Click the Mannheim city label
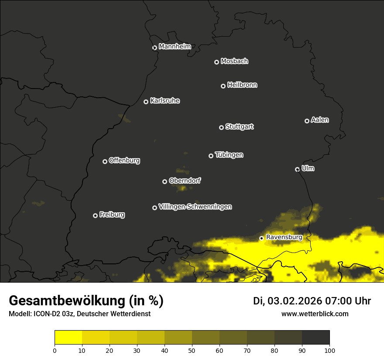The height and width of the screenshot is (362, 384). pyautogui.click(x=175, y=47)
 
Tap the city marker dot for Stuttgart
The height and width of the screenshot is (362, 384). pyautogui.click(x=221, y=127)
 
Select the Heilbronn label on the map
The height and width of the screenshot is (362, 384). pyautogui.click(x=242, y=85)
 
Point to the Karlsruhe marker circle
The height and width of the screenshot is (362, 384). pyautogui.click(x=146, y=102)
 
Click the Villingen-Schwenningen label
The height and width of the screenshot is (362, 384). pyautogui.click(x=195, y=207)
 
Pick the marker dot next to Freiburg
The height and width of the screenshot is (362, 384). pyautogui.click(x=95, y=215)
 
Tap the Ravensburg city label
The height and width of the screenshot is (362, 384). pyautogui.click(x=284, y=237)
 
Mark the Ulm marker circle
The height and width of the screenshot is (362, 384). pyautogui.click(x=297, y=169)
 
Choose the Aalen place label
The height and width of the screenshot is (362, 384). pyautogui.click(x=320, y=120)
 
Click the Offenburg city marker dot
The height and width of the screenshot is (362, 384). pyautogui.click(x=105, y=161)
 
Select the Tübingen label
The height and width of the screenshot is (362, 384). pyautogui.click(x=229, y=155)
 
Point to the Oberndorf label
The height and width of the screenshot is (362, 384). pyautogui.click(x=185, y=181)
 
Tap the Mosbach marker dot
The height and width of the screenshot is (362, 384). pyautogui.click(x=216, y=62)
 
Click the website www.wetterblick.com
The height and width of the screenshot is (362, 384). pyautogui.click(x=315, y=314)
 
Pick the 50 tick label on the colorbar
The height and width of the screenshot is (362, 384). pyautogui.click(x=192, y=350)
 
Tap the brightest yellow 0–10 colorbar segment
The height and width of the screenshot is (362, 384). pyautogui.click(x=69, y=338)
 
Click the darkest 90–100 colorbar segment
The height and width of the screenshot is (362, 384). pyautogui.click(x=315, y=338)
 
